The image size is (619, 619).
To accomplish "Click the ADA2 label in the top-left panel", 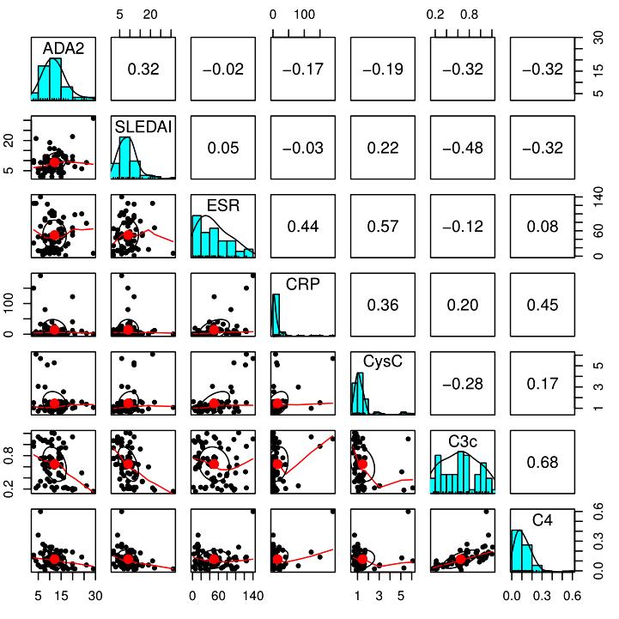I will pyautogui.click(x=63, y=49).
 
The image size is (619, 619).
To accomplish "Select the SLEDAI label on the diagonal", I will pyautogui.click(x=143, y=127).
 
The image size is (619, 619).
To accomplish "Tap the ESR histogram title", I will pyautogui.click(x=222, y=205).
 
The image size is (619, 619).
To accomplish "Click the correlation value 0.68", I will pyautogui.click(x=543, y=462).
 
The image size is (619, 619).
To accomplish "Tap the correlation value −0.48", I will pyautogui.click(x=463, y=148).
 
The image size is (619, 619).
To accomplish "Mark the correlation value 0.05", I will pyautogui.click(x=223, y=148).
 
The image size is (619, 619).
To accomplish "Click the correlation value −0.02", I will pyautogui.click(x=223, y=70).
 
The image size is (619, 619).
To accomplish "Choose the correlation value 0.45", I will pyautogui.click(x=543, y=305).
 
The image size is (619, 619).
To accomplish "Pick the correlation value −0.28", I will pyautogui.click(x=463, y=384).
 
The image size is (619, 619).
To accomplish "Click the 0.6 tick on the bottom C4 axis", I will pyautogui.click(x=571, y=595).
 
